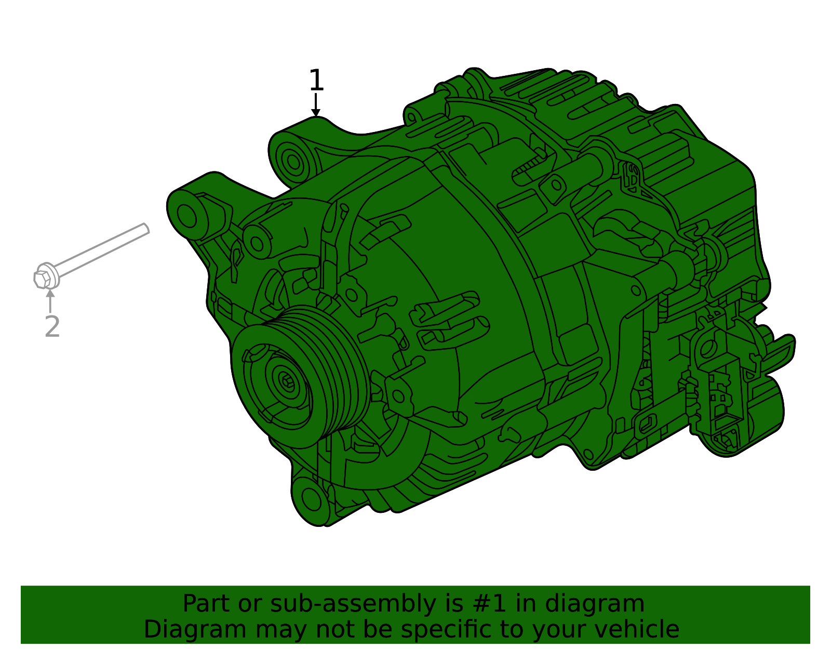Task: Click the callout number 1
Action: click(x=316, y=81)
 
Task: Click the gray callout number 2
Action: click(x=52, y=327)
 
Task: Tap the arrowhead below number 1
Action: click(x=315, y=112)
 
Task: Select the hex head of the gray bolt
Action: click(x=43, y=278)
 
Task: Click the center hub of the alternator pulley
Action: click(x=286, y=382)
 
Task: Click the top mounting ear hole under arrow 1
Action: click(x=293, y=161)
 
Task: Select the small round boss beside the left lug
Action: click(x=256, y=241)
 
